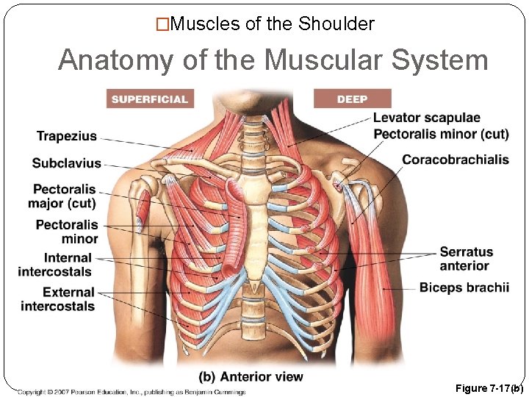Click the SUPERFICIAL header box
[149, 99]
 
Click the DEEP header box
[352, 99]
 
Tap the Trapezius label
[67, 136]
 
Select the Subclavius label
[67, 162]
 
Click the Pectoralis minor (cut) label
[441, 134]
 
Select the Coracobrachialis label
[456, 160]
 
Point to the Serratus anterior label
[464, 259]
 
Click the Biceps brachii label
[464, 287]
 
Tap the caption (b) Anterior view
[251, 376]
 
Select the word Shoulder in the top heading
[337, 24]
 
